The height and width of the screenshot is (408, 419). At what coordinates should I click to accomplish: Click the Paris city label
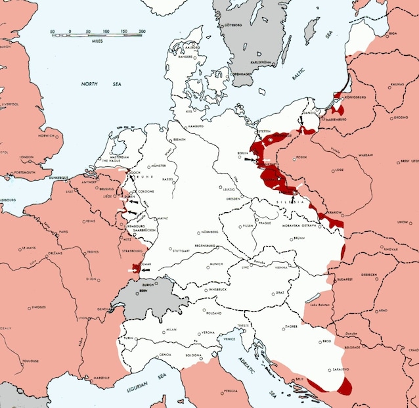coord(64,232)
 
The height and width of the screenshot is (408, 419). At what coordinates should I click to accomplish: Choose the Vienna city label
coord(281,268)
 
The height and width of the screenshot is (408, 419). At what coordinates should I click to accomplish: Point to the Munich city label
coord(216,263)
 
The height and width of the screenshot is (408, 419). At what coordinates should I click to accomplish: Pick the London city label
coord(27,157)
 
